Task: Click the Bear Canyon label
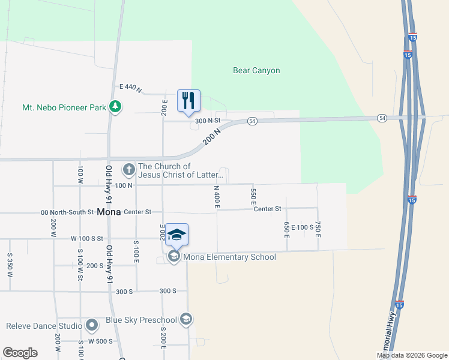coord(256,70)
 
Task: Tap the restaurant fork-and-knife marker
coord(188,100)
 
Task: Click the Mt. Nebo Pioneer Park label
coord(64,107)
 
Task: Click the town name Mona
coord(109,212)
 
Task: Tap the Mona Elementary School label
coord(229,257)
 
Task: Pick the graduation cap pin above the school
coord(176,234)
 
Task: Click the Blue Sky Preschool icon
coord(186,319)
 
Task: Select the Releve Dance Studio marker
coord(92,326)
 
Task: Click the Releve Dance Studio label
coord(44,326)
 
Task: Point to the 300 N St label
coord(208,120)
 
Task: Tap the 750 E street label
coord(318,228)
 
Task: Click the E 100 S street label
coord(303,227)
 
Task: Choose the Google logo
coord(20,353)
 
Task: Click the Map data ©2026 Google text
coord(411,355)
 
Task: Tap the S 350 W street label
coord(10,265)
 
